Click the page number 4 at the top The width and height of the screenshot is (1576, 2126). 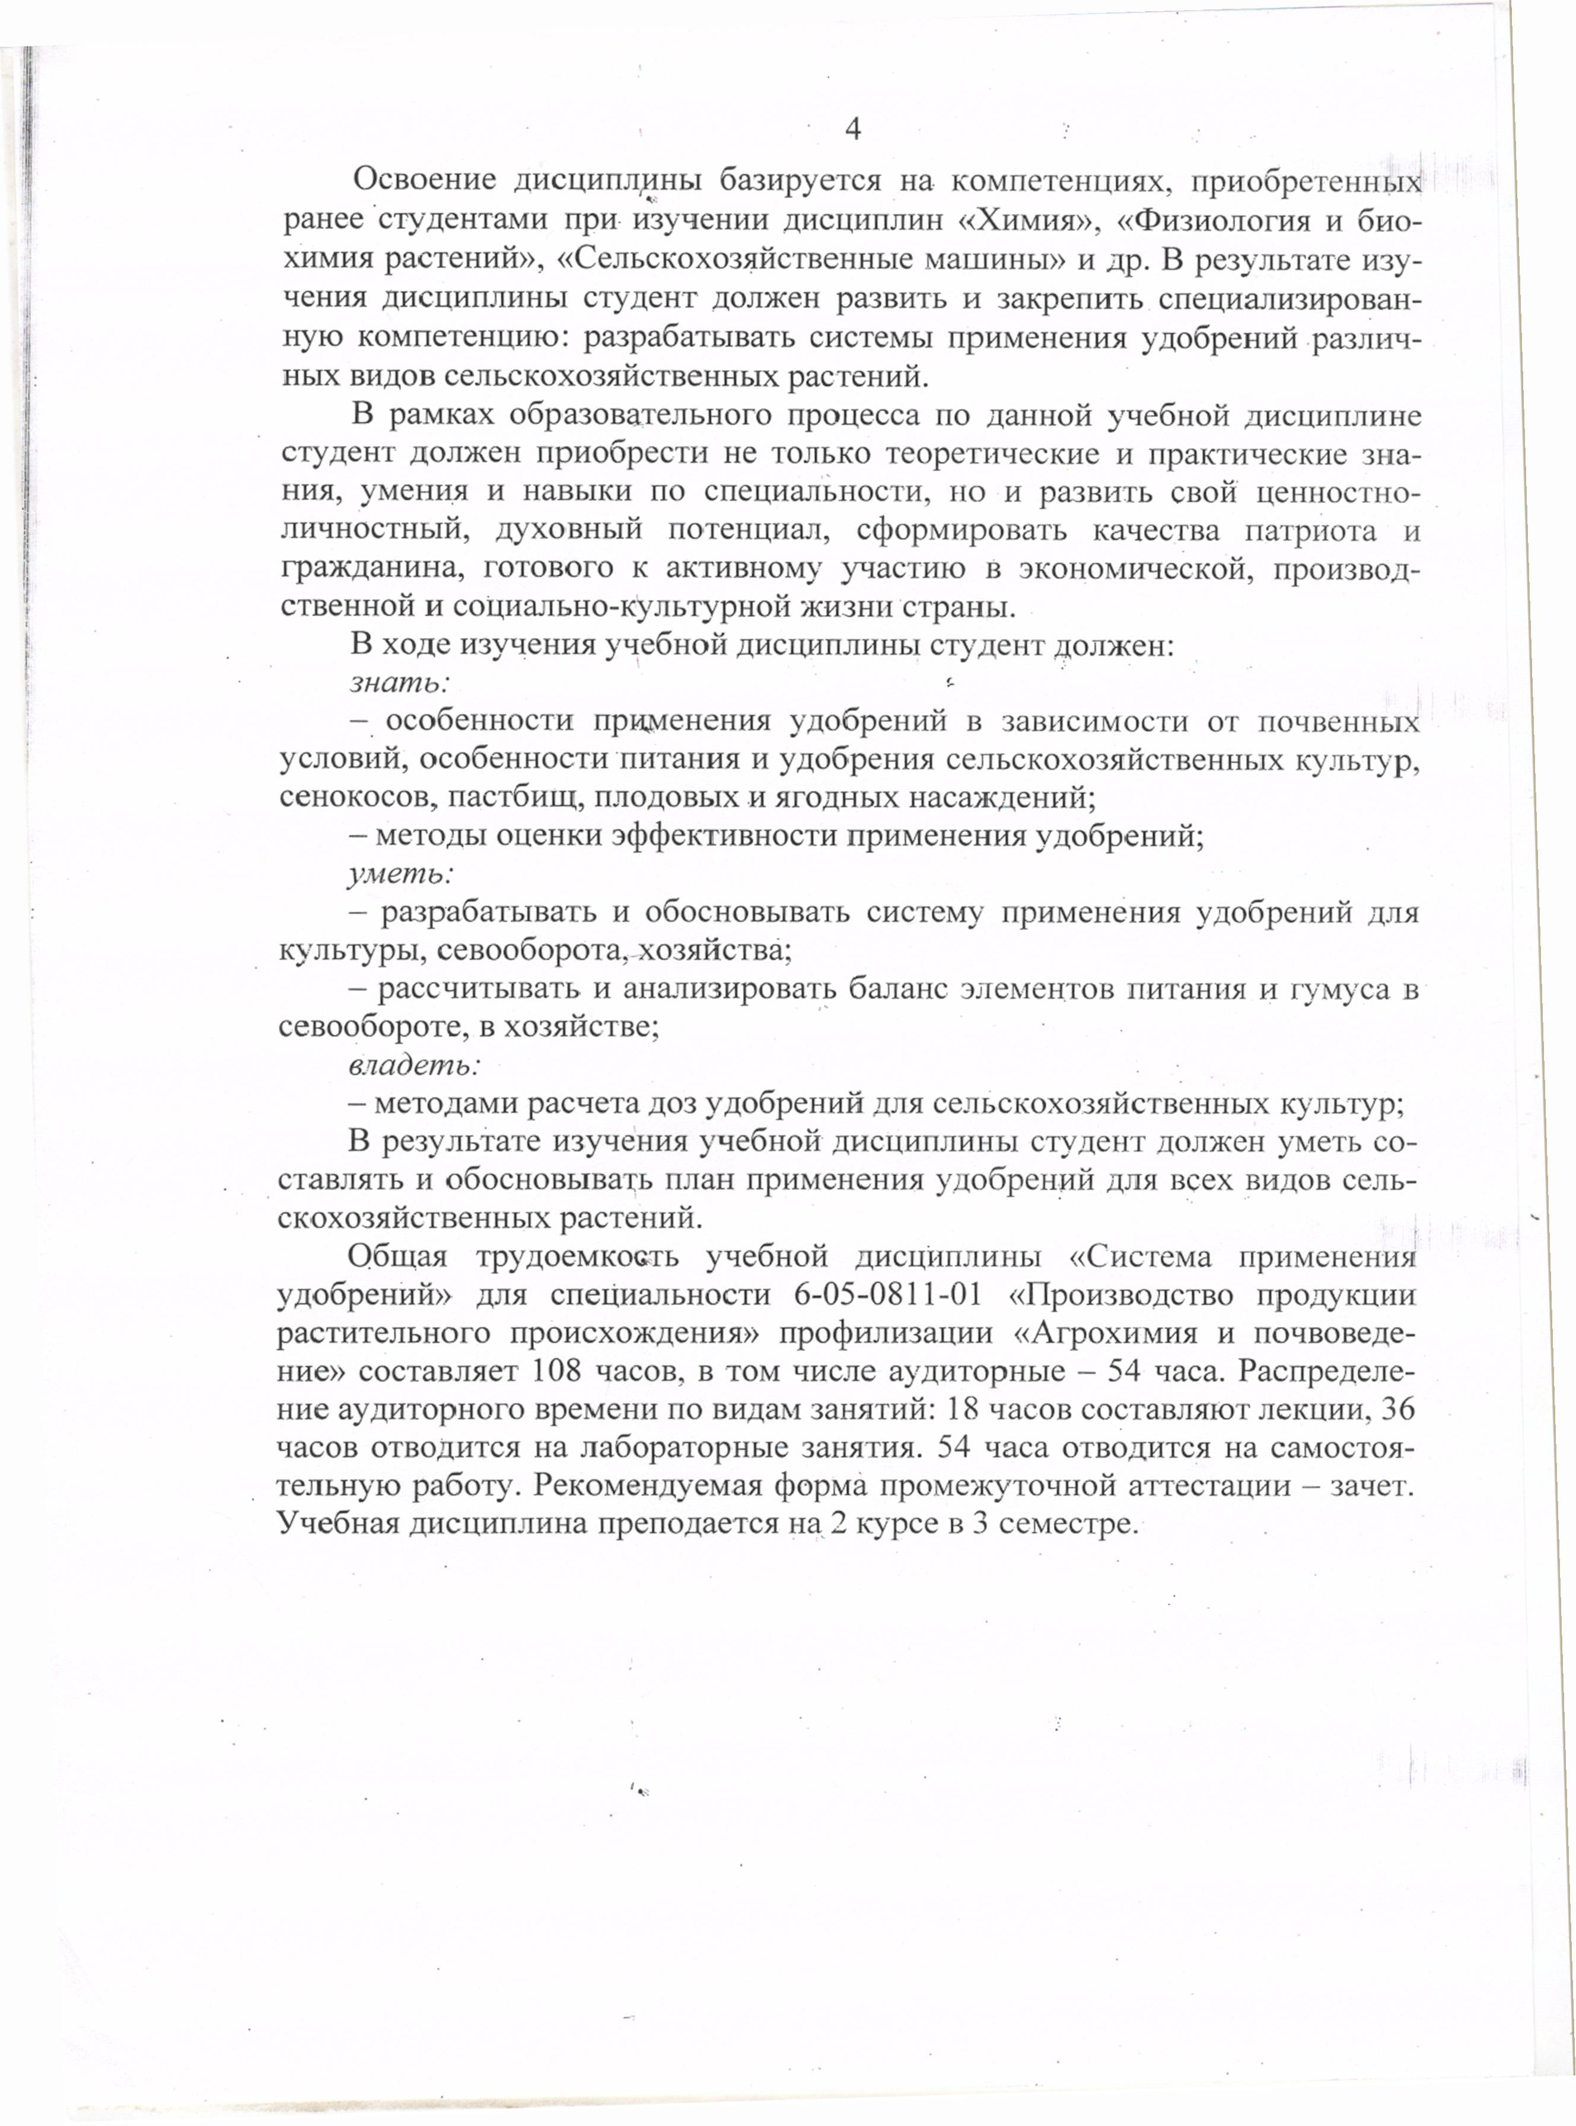pyautogui.click(x=853, y=130)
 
